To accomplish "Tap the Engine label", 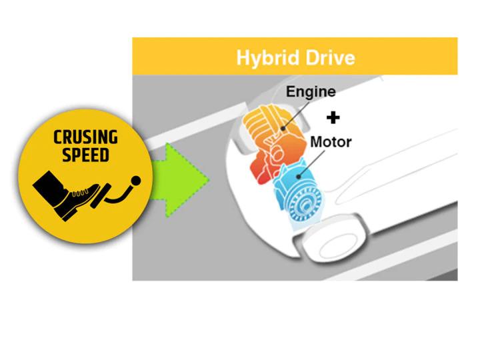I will (311, 91).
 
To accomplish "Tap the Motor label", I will (331, 142).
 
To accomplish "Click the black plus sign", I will (333, 117).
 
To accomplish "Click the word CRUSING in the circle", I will (85, 138).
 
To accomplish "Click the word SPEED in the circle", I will (85, 155).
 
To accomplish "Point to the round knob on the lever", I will (137, 180).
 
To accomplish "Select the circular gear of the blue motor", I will (307, 203).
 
